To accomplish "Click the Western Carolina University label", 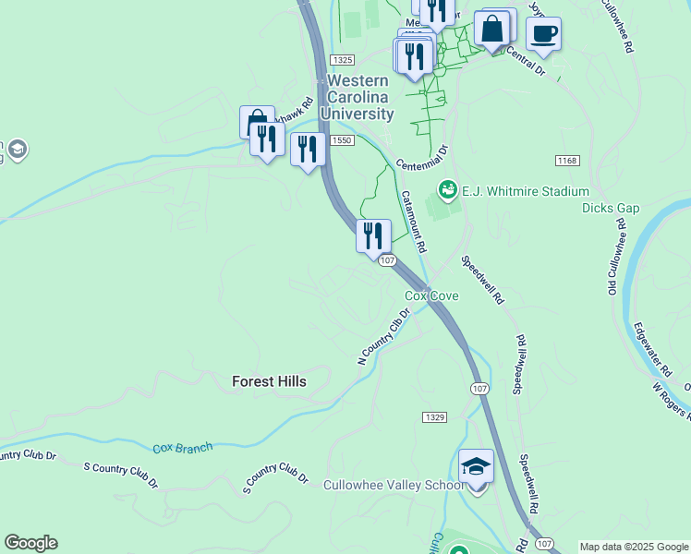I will (360, 97).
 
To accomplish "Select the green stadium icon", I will (448, 190).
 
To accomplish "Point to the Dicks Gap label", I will (610, 209).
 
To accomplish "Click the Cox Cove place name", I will (431, 296).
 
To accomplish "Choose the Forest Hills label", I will (268, 380).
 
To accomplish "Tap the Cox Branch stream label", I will (182, 448).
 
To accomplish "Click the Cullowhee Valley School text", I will (394, 485).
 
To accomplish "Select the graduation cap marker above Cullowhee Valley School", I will (476, 466).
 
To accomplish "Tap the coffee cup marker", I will (543, 34).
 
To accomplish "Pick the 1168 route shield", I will (566, 161).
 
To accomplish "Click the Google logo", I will (30, 543).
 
